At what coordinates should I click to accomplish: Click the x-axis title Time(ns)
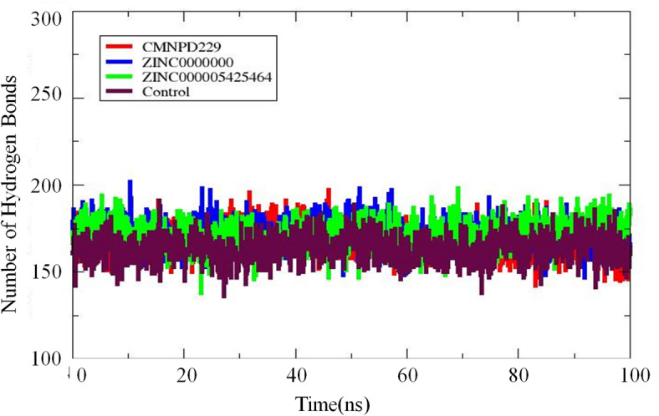343,403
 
